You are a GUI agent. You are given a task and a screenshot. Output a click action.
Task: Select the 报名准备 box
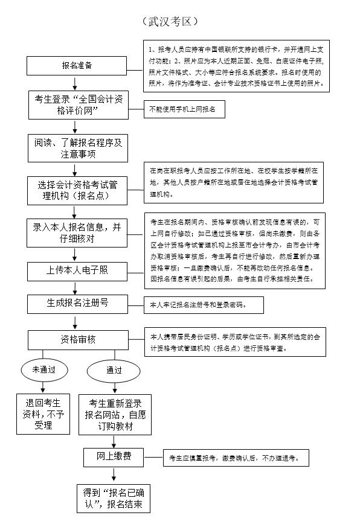tap(77, 65)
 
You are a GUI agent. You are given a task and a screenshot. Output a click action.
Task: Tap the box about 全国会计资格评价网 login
tap(77, 105)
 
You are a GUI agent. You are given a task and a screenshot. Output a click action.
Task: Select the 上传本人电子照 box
tap(77, 270)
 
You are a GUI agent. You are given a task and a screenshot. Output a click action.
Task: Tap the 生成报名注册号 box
tap(77, 303)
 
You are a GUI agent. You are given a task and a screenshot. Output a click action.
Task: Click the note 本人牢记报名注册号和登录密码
tap(203, 306)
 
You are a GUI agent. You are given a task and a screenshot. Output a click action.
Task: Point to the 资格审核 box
tap(77, 339)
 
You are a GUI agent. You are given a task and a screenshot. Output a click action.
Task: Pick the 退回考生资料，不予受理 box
tap(43, 415)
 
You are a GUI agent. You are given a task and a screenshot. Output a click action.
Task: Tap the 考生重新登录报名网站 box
tap(115, 415)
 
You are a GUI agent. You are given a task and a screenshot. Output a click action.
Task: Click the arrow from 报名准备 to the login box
tap(76, 83)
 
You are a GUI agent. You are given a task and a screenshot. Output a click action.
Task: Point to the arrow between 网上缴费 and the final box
tap(114, 474)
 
